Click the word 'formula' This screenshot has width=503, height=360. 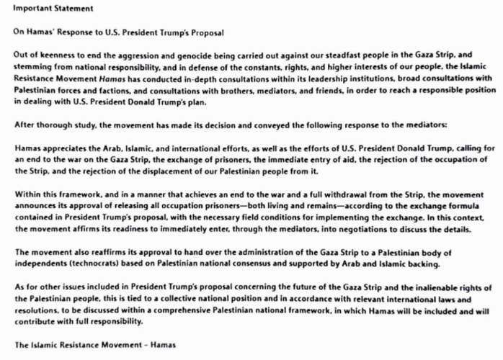click(474, 205)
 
